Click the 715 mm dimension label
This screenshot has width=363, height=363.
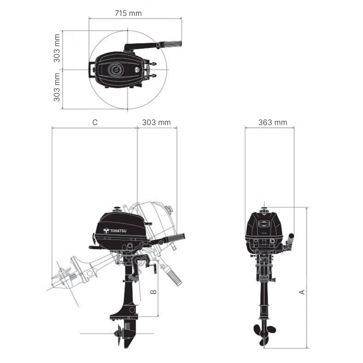click(x=128, y=13)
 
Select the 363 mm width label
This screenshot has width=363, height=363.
click(x=272, y=122)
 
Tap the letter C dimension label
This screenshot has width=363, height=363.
click(x=95, y=122)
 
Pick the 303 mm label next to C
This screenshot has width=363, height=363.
click(x=156, y=122)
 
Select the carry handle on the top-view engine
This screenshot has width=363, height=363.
click(x=92, y=70)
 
